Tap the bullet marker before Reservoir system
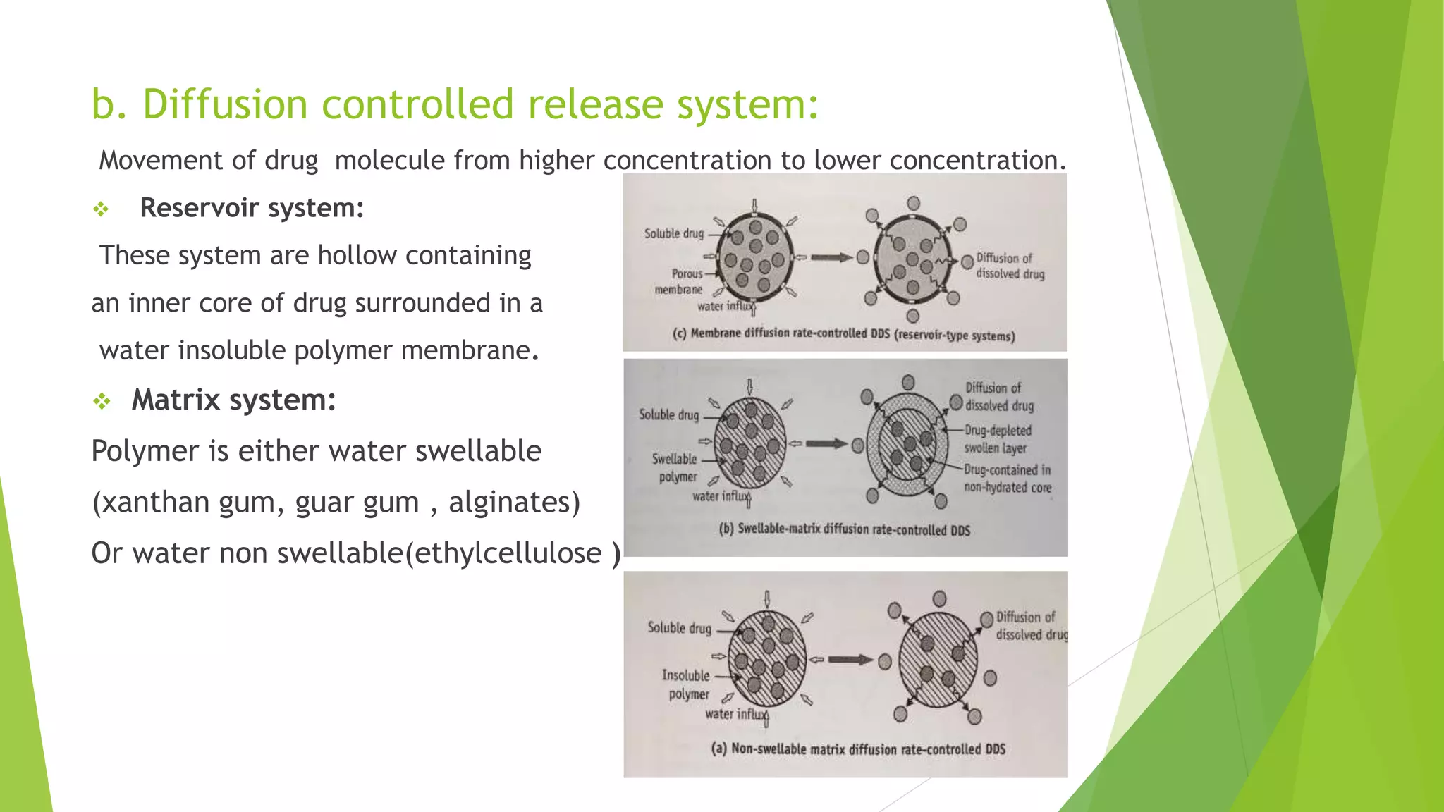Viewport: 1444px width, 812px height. point(101,209)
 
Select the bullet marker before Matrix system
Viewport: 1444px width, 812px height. point(102,401)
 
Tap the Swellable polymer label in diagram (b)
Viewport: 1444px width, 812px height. point(675,467)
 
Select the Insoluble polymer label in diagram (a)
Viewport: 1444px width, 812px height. point(687,684)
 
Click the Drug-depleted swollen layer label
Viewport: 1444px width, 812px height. point(997,439)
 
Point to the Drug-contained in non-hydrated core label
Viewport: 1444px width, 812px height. point(1007,479)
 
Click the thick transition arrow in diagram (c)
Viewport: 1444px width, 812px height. point(831,258)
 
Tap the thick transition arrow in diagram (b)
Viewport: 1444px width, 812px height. point(826,444)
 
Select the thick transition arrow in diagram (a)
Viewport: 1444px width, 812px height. point(850,660)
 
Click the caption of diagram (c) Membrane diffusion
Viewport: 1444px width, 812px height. point(843,334)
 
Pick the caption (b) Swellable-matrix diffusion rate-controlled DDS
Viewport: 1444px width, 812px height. point(844,529)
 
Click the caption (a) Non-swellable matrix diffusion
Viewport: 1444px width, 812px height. point(857,749)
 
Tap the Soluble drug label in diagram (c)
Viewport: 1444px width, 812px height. point(673,233)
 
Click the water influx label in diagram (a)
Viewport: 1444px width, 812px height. point(735,714)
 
